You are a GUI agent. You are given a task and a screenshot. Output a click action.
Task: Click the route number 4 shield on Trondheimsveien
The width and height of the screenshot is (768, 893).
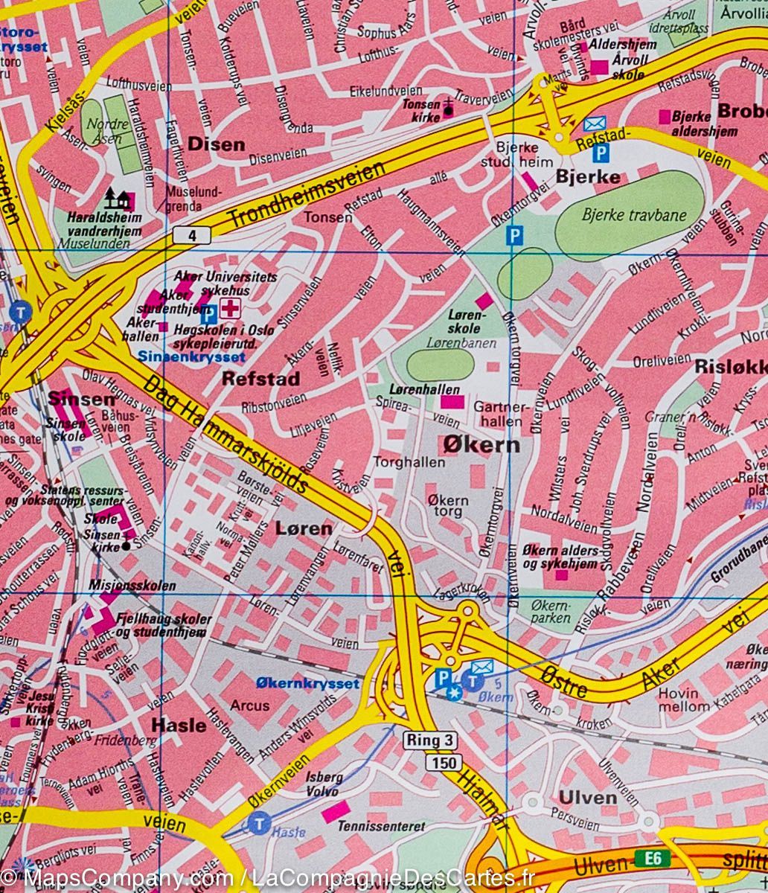click(194, 236)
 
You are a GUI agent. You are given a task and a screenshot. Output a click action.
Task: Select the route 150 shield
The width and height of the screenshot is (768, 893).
click(444, 762)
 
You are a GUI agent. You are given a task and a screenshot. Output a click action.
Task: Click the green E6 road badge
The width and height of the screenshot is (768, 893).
click(653, 859)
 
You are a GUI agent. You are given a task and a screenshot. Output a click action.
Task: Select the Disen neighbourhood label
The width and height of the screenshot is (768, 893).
click(216, 144)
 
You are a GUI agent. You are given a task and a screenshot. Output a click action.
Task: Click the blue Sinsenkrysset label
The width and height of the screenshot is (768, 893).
click(191, 356)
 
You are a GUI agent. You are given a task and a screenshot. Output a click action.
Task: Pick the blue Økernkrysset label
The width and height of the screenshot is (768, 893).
click(307, 682)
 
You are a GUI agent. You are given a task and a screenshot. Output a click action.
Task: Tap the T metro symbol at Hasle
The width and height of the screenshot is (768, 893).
click(258, 824)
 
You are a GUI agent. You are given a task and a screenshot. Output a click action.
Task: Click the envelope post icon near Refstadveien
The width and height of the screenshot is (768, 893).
click(593, 124)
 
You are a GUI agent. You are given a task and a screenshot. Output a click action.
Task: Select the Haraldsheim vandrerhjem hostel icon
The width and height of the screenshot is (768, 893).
click(117, 197)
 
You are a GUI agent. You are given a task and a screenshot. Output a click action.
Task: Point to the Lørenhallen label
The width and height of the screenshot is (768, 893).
click(424, 389)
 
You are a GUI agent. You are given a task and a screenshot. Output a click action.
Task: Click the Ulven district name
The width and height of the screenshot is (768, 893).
click(587, 798)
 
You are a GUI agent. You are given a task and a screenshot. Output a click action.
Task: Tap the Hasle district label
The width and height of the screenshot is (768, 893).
click(179, 724)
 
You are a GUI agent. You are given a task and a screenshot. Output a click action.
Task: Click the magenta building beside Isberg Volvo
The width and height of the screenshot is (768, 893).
click(336, 812)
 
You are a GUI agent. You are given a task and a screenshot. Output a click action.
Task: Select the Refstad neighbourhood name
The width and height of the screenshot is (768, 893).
click(261, 379)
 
